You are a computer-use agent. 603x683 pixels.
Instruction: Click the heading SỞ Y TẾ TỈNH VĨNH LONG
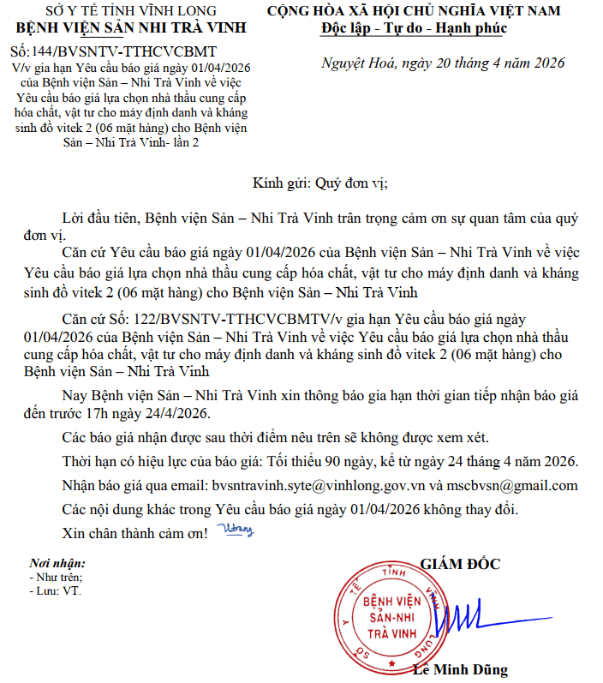coord(124,10)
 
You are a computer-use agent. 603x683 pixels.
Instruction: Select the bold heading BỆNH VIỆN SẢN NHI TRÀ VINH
coord(124,27)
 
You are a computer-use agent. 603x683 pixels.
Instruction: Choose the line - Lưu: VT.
coord(54,591)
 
